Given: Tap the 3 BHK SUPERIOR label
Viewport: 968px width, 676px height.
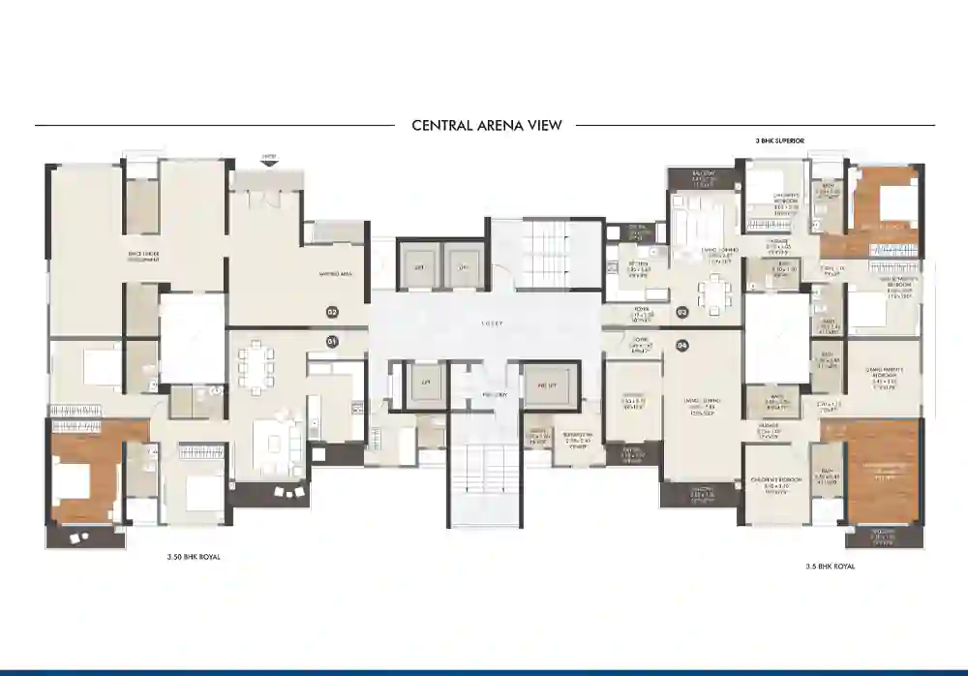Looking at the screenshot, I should (x=779, y=140).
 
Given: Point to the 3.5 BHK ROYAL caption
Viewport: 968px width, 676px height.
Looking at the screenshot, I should (x=831, y=565).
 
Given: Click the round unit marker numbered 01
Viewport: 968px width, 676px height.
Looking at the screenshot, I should (x=331, y=341).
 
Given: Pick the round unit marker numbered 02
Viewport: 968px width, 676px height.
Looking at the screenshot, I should (x=331, y=312).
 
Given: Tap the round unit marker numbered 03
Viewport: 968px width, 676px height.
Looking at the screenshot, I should (x=681, y=312).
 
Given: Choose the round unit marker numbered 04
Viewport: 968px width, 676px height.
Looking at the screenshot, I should (x=681, y=346).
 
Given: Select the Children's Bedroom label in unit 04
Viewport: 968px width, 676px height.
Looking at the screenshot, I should (x=774, y=486).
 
